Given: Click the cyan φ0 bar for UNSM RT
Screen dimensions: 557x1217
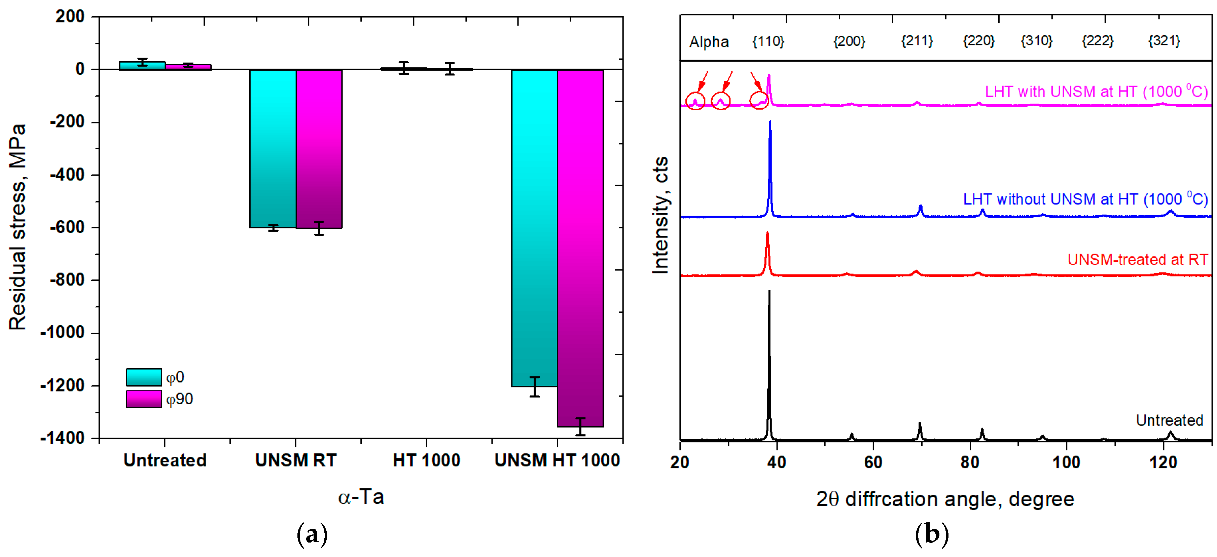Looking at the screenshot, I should (273, 148).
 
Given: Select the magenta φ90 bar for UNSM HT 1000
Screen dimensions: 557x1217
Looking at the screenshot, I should (580, 248).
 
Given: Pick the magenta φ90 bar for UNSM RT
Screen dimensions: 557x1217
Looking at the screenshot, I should (319, 149).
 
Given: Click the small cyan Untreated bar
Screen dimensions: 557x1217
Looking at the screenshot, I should (142, 66).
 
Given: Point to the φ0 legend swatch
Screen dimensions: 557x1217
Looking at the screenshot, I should (144, 377).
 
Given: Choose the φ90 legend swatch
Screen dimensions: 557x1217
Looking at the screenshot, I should (144, 399).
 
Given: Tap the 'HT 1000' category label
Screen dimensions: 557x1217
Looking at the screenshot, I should (426, 460).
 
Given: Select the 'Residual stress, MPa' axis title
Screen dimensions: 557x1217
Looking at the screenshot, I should (17, 227).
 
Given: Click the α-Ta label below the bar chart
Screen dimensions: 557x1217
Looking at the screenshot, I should (361, 497).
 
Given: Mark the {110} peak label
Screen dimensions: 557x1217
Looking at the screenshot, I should (768, 42).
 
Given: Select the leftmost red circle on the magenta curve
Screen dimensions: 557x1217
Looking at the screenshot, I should (695, 101).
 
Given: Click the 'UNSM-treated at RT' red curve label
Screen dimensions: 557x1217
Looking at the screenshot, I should (1137, 259).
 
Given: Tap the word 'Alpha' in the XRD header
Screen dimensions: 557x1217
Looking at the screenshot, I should (709, 42).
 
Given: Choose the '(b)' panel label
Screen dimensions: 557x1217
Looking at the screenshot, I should (931, 534).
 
